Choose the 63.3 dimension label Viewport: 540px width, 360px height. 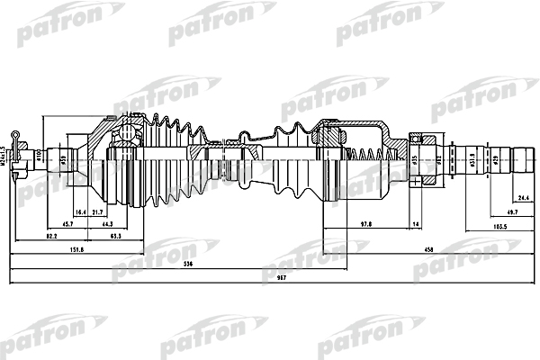(116, 235)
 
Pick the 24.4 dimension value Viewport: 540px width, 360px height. (521, 199)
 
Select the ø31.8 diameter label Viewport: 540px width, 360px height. (472, 163)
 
